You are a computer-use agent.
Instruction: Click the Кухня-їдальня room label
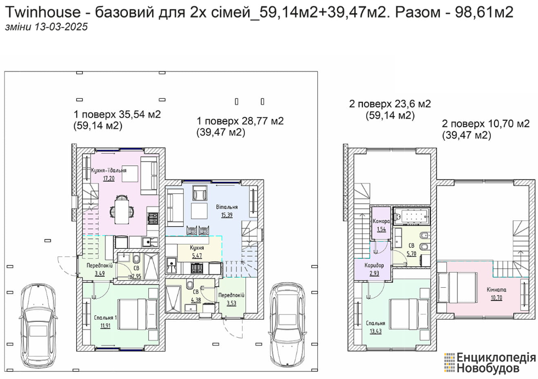[109, 170]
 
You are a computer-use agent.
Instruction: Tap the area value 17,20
[109, 178]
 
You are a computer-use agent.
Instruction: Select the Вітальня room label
[227, 207]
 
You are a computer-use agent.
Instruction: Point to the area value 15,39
[227, 215]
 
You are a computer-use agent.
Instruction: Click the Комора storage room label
[381, 221]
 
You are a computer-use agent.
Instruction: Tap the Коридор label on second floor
[374, 265]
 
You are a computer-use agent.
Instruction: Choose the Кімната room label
[496, 289]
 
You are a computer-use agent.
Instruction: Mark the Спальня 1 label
[105, 317]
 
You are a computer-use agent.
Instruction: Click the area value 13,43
[376, 331]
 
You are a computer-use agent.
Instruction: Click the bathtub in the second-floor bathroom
[411, 215]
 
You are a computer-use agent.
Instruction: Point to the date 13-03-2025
[61, 27]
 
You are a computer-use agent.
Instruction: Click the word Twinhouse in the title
[43, 13]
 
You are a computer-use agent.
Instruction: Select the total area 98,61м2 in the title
[484, 13]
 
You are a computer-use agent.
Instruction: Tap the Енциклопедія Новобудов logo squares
[449, 363]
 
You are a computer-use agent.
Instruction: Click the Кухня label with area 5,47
[197, 248]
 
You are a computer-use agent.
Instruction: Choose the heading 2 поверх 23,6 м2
[390, 104]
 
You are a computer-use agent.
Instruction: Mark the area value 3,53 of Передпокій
[231, 303]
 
